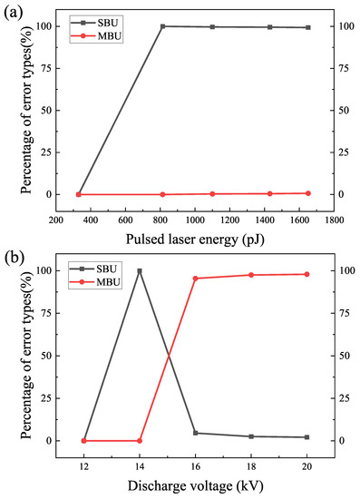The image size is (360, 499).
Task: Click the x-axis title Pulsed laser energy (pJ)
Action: (195, 238)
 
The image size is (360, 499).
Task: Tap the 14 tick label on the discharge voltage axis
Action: (140, 466)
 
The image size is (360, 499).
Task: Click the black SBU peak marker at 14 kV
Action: (140, 270)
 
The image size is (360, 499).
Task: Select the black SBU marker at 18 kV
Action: (251, 436)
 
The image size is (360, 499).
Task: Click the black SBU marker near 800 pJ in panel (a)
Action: (163, 26)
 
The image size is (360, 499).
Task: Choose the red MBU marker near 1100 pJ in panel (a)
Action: (212, 194)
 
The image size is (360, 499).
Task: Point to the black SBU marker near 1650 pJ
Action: (307, 27)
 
